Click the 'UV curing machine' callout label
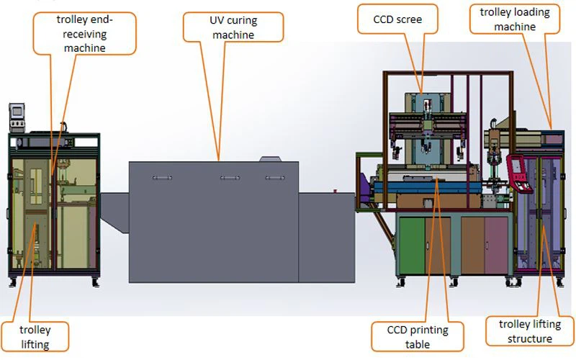(x=224, y=27)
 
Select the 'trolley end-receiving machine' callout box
(x=85, y=33)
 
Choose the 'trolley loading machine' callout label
(x=514, y=19)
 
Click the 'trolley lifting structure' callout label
(x=529, y=332)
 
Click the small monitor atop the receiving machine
(x=16, y=112)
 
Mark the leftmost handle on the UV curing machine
(x=161, y=176)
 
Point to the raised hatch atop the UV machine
(x=269, y=158)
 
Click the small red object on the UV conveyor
(x=335, y=190)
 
